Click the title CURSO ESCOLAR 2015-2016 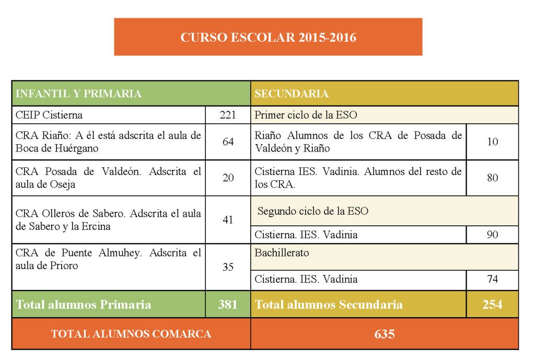[x=268, y=38]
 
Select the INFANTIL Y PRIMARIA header [x=78, y=94]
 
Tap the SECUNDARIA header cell [x=292, y=94]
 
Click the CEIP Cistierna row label [x=49, y=115]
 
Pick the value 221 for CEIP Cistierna [x=228, y=115]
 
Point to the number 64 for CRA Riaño [x=228, y=142]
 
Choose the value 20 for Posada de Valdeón [x=228, y=178]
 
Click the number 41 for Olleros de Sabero [x=228, y=219]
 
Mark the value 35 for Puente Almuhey [x=228, y=267]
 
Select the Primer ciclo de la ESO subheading [x=306, y=115]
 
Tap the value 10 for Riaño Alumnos [x=492, y=142]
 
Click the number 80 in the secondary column [x=492, y=178]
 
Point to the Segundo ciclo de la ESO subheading [x=313, y=211]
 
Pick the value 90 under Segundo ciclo [x=492, y=235]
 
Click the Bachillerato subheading [x=282, y=253]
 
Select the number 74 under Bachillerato [x=492, y=280]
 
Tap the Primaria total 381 [x=228, y=305]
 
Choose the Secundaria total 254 [x=492, y=305]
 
